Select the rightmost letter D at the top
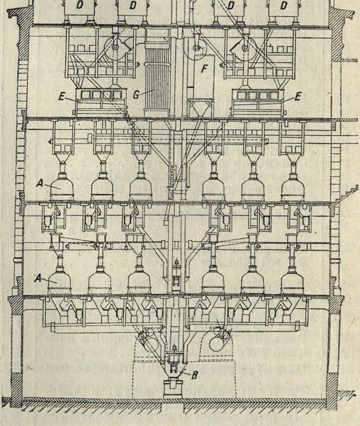point(284,6)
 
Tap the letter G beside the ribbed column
point(137,94)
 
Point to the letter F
point(204,70)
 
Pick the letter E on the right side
point(297,97)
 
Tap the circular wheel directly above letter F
point(196,48)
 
